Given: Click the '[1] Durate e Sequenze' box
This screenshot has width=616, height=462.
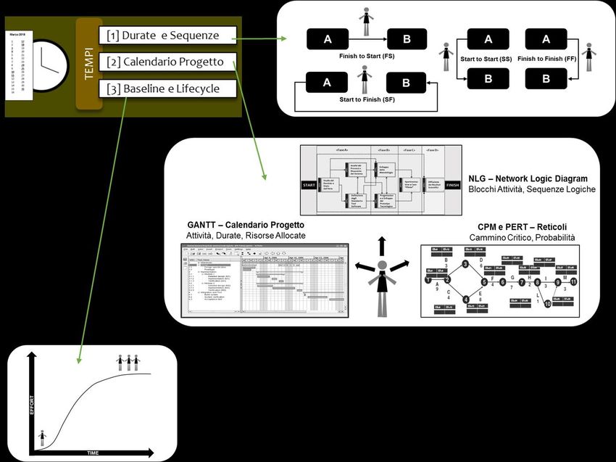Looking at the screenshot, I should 168,35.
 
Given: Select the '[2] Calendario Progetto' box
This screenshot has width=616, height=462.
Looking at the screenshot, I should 168,62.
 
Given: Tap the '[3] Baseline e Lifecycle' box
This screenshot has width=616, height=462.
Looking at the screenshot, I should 168,89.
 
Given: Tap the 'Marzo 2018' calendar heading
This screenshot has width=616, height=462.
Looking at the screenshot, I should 16,34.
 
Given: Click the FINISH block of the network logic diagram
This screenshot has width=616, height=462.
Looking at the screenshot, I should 453,185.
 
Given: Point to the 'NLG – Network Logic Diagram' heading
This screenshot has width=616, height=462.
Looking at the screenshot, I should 528,178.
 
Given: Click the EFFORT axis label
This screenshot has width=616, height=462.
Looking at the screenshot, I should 30,402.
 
